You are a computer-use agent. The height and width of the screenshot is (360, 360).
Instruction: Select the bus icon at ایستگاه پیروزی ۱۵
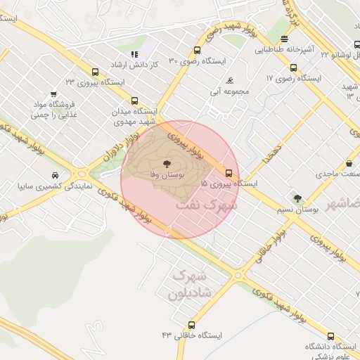click(229, 173)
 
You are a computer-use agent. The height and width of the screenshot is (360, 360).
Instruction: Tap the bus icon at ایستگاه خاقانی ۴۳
click(192, 325)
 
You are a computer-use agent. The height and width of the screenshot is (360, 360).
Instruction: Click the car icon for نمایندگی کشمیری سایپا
click(55, 174)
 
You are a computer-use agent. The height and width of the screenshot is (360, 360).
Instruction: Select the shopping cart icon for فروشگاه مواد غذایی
click(54, 94)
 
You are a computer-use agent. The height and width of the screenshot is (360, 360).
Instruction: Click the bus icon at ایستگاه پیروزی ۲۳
click(95, 72)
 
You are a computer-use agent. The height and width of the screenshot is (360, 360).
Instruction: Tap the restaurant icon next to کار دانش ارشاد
click(134, 54)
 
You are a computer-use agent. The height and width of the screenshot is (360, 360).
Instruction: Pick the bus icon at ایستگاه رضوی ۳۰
click(197, 51)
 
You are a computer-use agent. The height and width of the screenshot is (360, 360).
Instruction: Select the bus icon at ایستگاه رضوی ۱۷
click(293, 68)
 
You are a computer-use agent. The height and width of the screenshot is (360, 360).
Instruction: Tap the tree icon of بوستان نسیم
click(297, 199)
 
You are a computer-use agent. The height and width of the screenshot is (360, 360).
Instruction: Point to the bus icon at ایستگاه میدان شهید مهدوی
click(135, 101)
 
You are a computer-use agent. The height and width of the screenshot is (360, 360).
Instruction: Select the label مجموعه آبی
click(226, 91)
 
